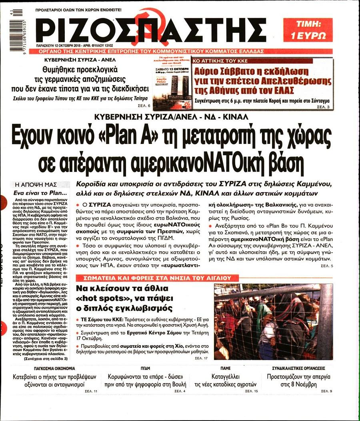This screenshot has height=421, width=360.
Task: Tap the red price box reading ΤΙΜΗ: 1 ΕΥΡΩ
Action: (308, 30)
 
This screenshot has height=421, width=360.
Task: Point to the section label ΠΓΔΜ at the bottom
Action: (145, 368)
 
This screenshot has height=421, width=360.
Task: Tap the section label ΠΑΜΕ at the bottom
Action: (225, 368)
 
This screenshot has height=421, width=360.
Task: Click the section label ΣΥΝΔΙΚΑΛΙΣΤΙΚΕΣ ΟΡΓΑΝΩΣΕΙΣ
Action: (298, 368)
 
